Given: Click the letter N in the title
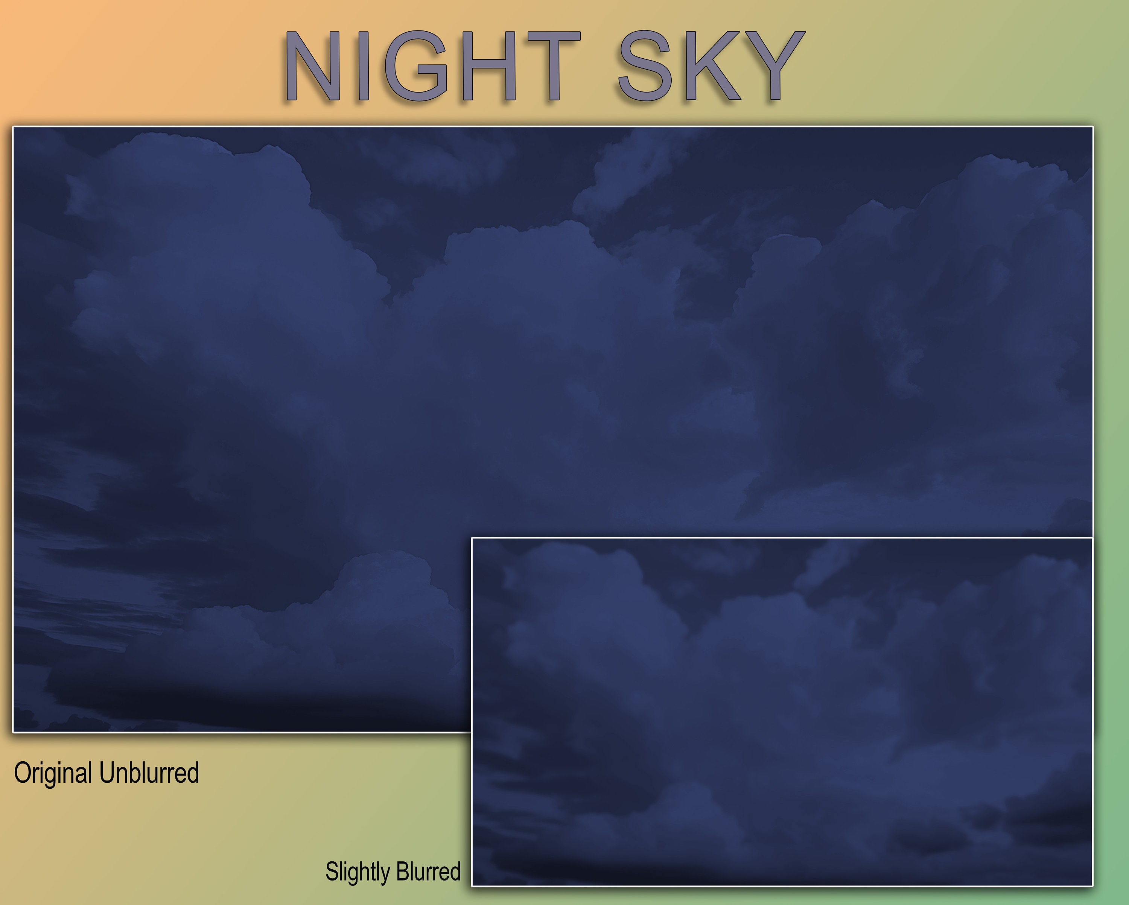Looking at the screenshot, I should (x=309, y=65).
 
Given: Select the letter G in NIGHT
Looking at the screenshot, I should (x=416, y=65).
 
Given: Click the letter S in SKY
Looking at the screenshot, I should (x=645, y=65).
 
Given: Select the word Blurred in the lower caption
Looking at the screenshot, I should (x=428, y=872).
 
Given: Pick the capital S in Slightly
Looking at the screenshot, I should (x=331, y=872).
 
